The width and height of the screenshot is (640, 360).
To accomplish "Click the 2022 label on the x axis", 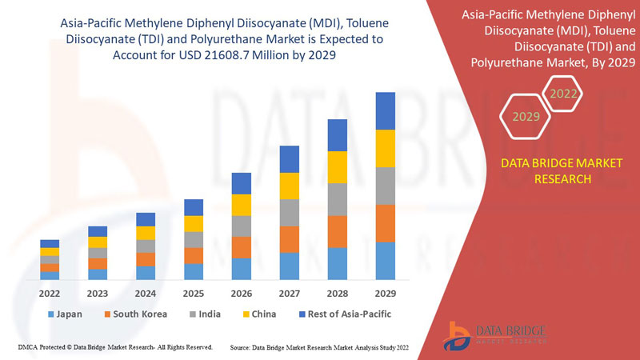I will pyautogui.click(x=50, y=293).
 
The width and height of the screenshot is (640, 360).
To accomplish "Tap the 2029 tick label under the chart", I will pyautogui.click(x=385, y=293).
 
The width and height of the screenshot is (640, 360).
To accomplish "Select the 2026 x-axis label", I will pyautogui.click(x=241, y=293).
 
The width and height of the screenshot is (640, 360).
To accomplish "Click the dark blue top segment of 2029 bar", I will pyautogui.click(x=385, y=110).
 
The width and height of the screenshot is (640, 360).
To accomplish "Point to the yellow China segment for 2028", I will pyautogui.click(x=337, y=166).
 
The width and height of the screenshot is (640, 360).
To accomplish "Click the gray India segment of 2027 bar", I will pyautogui.click(x=289, y=212).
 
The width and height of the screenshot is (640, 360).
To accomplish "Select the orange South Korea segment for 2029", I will pyautogui.click(x=385, y=223).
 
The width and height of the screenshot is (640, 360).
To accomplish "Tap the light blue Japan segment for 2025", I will pyautogui.click(x=193, y=271).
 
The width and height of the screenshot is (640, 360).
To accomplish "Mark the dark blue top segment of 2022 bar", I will pyautogui.click(x=50, y=243).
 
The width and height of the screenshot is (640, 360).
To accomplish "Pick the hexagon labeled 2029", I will pyautogui.click(x=526, y=117).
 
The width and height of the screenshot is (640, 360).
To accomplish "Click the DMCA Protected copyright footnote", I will pyautogui.click(x=114, y=347).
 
